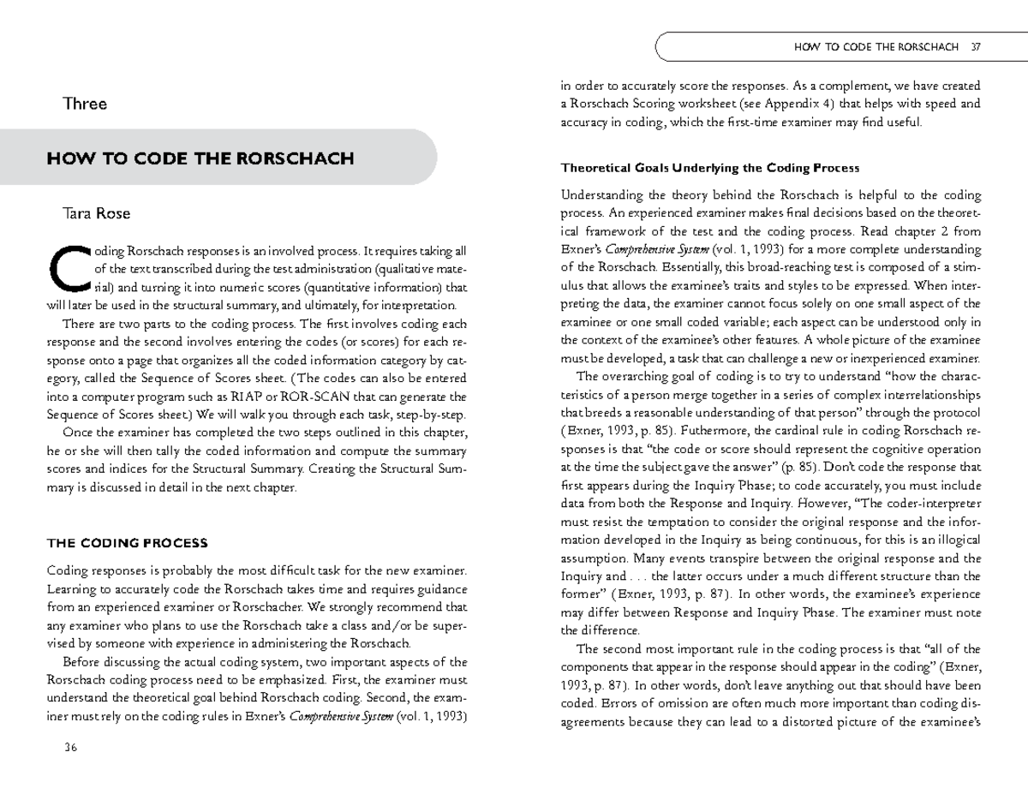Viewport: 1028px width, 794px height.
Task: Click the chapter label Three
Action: [85, 104]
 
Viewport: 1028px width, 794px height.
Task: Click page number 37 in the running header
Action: [975, 46]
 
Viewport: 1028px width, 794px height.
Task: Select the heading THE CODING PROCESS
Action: [127, 543]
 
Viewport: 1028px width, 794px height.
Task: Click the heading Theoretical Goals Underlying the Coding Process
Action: [709, 167]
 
